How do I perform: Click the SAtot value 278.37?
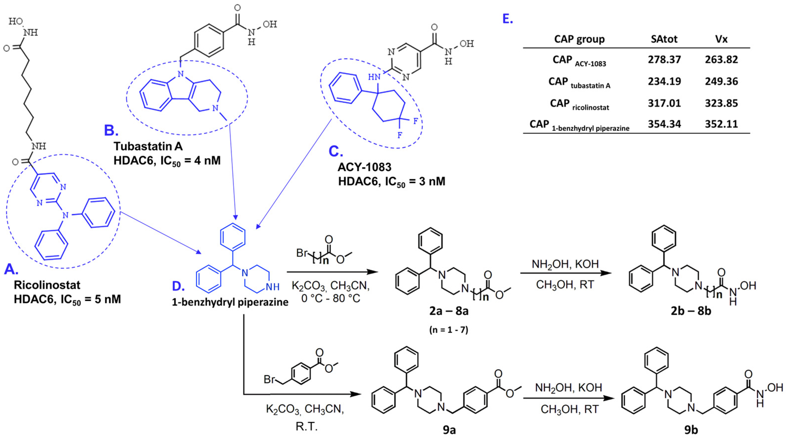coord(664,60)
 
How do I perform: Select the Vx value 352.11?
coord(721,124)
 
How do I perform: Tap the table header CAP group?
coord(579,39)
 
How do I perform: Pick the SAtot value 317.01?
coord(664,103)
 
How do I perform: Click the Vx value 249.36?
coord(721,81)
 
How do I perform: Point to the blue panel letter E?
coord(508,19)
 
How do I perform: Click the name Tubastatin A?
coord(148,147)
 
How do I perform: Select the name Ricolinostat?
coord(47,285)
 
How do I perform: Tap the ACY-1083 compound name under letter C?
coord(364,167)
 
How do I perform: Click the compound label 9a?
coord(449,430)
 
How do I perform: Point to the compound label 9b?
coord(691,430)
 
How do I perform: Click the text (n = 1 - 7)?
coord(449,330)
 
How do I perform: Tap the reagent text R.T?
coord(306,426)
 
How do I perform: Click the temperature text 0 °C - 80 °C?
coord(331,298)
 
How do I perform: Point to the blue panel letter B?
coord(111,131)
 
